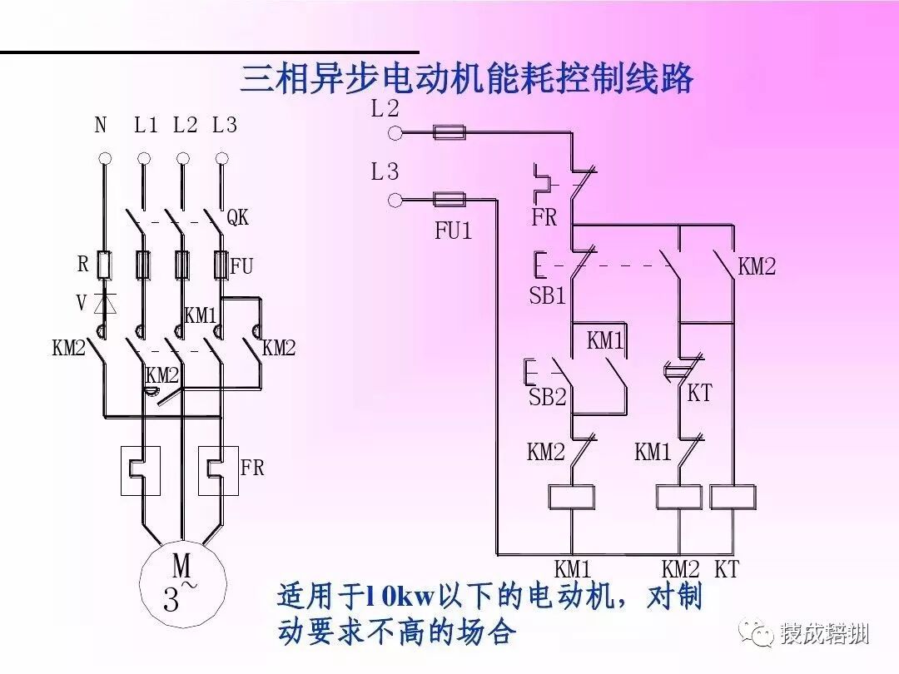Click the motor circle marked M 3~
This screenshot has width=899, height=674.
181,583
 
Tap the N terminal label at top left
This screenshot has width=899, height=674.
101,126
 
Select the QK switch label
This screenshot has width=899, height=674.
238,218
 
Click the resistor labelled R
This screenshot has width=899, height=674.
105,265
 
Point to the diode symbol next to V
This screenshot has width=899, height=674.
105,303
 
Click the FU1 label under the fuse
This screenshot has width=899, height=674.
454,230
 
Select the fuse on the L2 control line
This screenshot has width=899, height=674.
449,131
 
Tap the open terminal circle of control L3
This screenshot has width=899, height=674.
395,200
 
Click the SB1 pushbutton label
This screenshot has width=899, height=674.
547,295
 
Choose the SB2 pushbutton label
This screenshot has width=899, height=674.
547,397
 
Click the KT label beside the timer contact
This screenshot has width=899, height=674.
699,393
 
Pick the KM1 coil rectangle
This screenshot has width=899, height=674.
571,497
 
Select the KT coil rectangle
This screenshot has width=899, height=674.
733,497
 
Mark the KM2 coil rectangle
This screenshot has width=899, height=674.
680,497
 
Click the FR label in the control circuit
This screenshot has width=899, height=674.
544,218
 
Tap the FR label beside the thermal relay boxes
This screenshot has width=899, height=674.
251,468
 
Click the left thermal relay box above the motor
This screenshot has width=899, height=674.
141,471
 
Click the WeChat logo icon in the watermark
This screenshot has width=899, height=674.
761,635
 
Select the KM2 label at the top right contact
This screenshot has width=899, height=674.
757,266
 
